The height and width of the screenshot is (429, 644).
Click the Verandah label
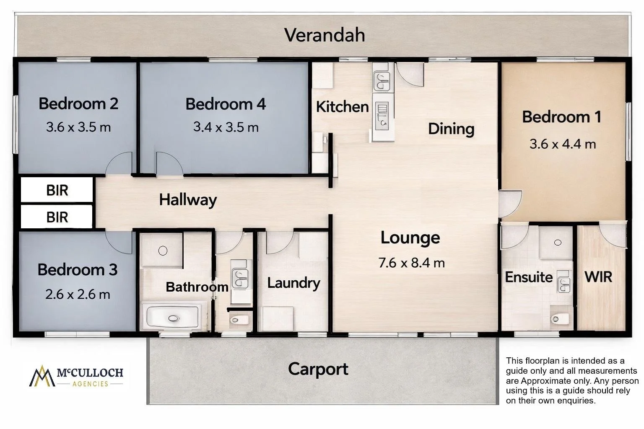coord(325,35)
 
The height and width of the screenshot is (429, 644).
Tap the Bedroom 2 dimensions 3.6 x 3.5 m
coord(78,127)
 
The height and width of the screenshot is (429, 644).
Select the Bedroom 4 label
coord(226,104)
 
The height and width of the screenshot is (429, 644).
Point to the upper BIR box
coord(57,190)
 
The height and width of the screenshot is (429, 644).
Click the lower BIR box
coord(57,217)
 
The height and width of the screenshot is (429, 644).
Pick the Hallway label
coord(188,200)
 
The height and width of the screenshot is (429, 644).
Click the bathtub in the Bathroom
coord(173,317)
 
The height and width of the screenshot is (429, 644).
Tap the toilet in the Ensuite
coord(560,319)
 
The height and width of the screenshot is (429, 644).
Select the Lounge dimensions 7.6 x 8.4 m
coord(411,263)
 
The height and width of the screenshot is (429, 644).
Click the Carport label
coord(318,369)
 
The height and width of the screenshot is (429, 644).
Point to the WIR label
coord(598,277)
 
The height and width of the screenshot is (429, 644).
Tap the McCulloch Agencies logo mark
coord(42,376)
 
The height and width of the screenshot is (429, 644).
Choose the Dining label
coord(451,129)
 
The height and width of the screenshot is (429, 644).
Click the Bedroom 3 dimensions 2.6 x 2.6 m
coord(78,295)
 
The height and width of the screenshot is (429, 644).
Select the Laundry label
coord(293,283)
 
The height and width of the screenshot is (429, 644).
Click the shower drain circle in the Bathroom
coord(163,251)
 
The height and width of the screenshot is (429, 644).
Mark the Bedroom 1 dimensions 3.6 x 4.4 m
coord(563,144)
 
